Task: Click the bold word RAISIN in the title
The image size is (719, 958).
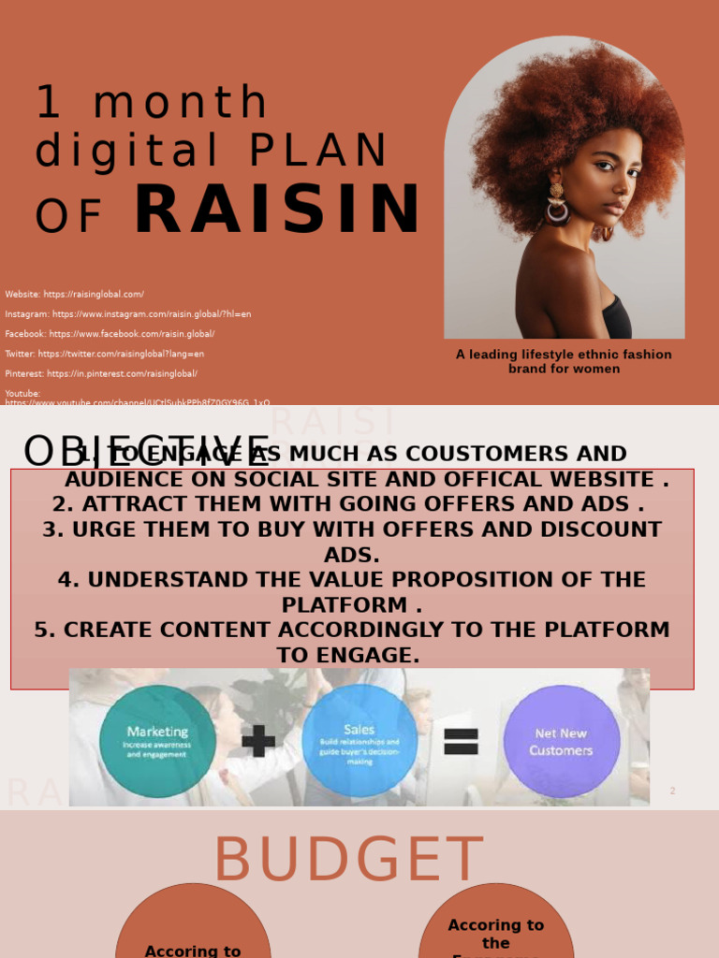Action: click(277, 210)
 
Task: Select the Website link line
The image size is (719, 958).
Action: click(75, 295)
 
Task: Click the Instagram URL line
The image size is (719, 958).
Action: click(128, 314)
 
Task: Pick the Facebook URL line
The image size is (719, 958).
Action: click(110, 334)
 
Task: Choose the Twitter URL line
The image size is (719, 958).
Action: click(105, 354)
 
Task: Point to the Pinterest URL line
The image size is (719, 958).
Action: click(101, 373)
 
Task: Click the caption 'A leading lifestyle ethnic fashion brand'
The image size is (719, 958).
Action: click(564, 361)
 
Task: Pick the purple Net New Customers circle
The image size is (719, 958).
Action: click(562, 741)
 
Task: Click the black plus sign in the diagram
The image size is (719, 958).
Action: click(258, 741)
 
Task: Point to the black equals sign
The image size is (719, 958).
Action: click(461, 742)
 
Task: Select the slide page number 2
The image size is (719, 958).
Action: click(672, 791)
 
